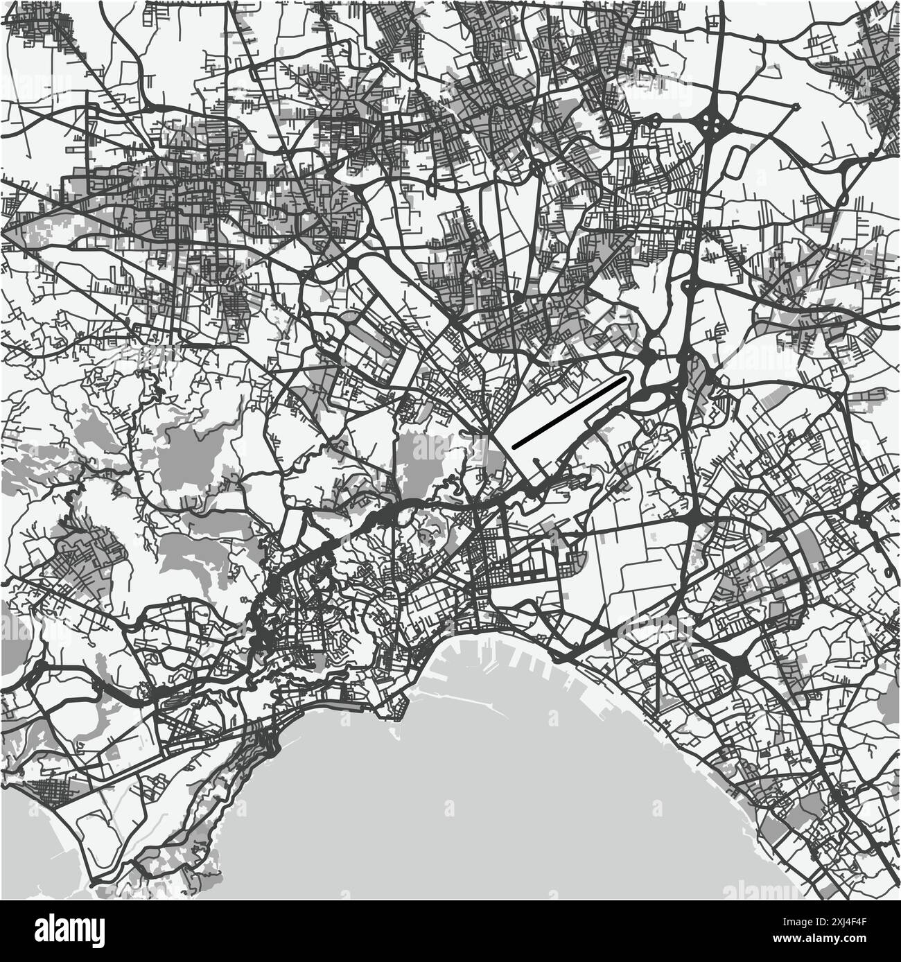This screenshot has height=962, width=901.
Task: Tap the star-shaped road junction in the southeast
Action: click(x=738, y=666)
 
